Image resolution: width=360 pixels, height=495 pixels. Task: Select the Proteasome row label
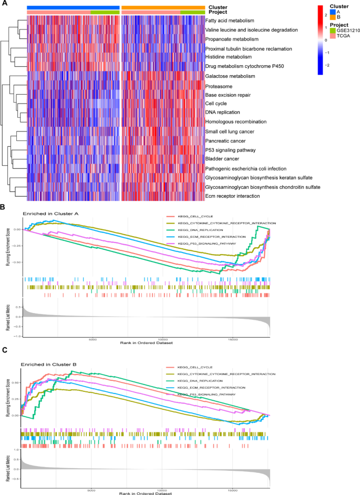[x=220, y=85]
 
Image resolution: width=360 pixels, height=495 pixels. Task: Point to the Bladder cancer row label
[x=223, y=159]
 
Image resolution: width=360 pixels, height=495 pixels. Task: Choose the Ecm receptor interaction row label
[x=232, y=196]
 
